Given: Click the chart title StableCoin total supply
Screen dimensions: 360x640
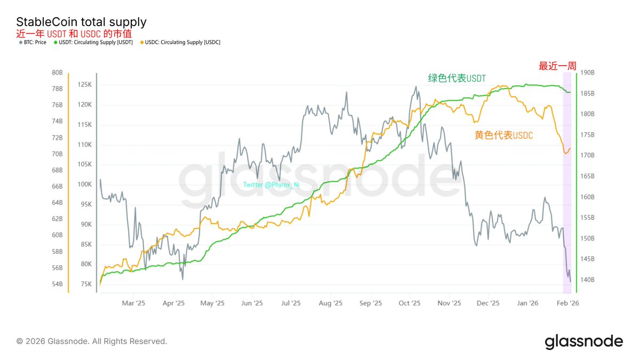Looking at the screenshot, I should click(x=81, y=22).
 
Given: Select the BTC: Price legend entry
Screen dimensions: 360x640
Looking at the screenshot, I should click(x=33, y=42).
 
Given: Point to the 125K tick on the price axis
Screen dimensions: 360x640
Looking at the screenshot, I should click(x=84, y=84).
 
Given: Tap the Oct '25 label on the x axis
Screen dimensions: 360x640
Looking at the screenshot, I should click(x=410, y=303).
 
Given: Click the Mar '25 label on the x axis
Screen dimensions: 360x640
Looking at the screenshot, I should click(x=133, y=303).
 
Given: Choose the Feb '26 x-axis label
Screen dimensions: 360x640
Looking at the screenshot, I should click(x=567, y=303).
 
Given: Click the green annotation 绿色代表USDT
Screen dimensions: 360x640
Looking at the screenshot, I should click(x=457, y=78).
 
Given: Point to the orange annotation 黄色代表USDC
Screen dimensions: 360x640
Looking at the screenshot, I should click(x=503, y=135).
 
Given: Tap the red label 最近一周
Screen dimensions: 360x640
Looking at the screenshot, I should click(x=557, y=66).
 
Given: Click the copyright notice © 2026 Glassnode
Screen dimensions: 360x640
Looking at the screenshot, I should click(x=92, y=341).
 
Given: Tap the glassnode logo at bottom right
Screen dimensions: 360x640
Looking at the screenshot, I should click(x=583, y=341).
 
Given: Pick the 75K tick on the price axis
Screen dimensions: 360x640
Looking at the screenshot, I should click(x=85, y=284).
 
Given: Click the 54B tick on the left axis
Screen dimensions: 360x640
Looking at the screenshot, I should click(x=58, y=284).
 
